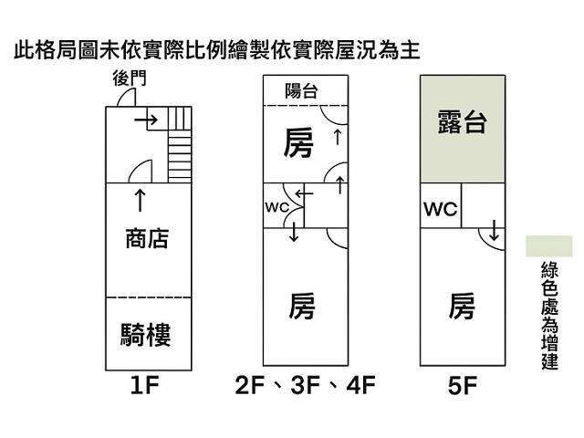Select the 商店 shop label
click(147, 239)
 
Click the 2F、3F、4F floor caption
click(305, 386)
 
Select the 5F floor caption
click(463, 386)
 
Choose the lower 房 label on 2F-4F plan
click(302, 307)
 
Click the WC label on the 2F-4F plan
click(276, 207)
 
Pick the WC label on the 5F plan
click(440, 210)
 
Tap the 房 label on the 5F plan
click(462, 307)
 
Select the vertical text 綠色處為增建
click(549, 316)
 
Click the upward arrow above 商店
click(139, 199)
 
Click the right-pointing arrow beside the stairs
click(144, 120)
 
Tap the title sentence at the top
click(216, 49)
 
